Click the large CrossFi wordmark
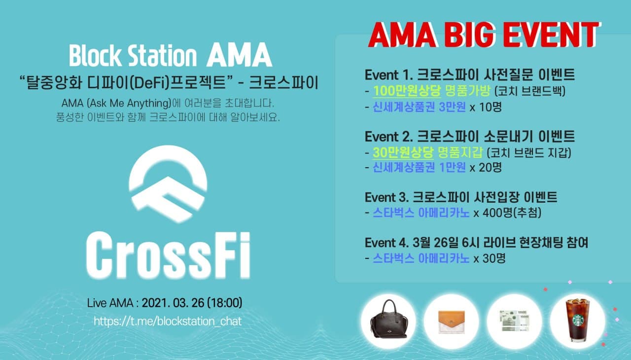(x=168, y=255)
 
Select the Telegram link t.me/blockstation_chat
(x=168, y=321)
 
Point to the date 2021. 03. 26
(x=173, y=303)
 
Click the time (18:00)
(x=224, y=303)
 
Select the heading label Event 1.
(x=389, y=75)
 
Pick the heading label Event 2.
(x=389, y=137)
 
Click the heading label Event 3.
(x=387, y=197)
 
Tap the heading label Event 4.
(x=387, y=243)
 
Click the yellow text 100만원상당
(x=407, y=91)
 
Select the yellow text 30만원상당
(x=403, y=152)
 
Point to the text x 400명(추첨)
(x=507, y=213)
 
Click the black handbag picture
(x=389, y=319)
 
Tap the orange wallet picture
(x=452, y=322)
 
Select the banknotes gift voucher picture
(x=514, y=321)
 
